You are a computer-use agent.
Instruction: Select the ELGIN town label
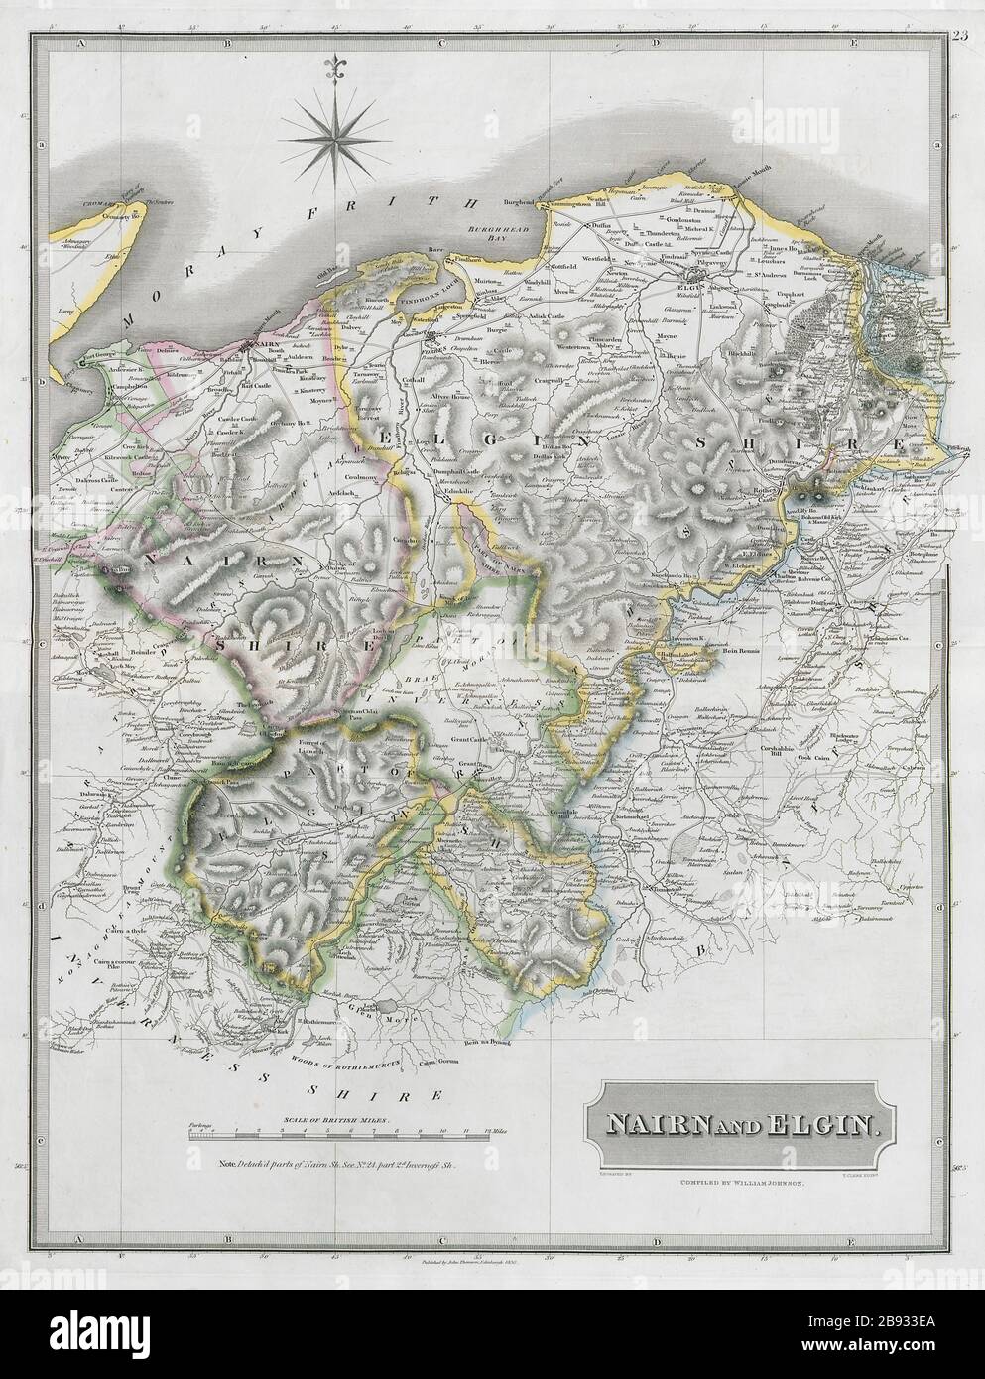click(x=678, y=280)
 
